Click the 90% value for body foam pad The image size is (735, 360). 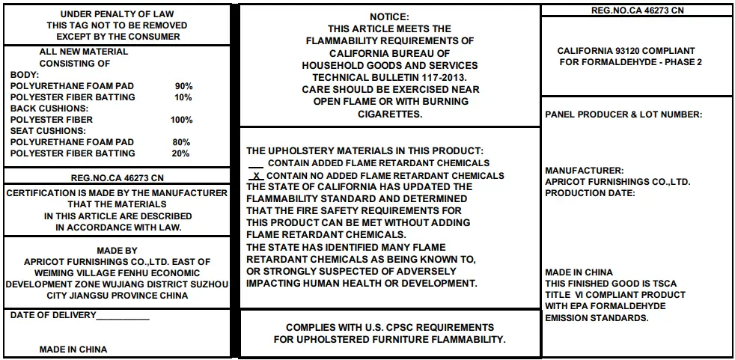(x=183, y=86)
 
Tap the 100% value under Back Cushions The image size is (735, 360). (x=181, y=120)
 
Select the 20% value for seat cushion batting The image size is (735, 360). (x=181, y=153)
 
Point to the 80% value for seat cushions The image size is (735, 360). (x=181, y=142)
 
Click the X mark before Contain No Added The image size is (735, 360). (x=257, y=175)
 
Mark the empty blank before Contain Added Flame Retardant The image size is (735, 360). (x=255, y=162)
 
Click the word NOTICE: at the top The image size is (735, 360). (x=389, y=17)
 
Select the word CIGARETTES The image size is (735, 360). (x=390, y=115)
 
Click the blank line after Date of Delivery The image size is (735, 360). (x=123, y=316)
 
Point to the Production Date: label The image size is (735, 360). (x=590, y=193)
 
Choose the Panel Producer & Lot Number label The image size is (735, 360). (x=623, y=115)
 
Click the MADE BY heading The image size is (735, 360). (x=117, y=251)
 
